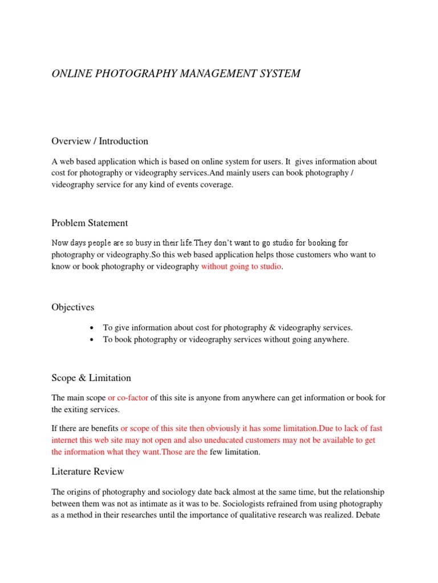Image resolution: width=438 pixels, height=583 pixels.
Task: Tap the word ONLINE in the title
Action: (x=70, y=73)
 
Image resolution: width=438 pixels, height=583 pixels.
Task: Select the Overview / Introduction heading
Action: (x=100, y=141)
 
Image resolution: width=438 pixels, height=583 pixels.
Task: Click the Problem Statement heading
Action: (x=90, y=223)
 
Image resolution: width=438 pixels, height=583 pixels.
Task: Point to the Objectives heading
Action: (x=73, y=307)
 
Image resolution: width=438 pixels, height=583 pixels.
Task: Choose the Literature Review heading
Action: (x=88, y=471)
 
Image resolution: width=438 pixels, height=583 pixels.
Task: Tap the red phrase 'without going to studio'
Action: (x=241, y=267)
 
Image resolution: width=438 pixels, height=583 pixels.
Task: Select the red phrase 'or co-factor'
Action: (x=128, y=398)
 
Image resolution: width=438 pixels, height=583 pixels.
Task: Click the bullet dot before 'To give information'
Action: (x=92, y=329)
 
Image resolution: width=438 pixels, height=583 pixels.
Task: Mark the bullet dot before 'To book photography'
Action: (x=92, y=340)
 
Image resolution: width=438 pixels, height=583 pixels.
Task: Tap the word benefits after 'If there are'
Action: (x=102, y=428)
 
